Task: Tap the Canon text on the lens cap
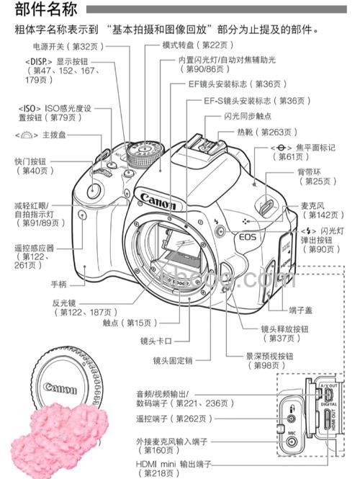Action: (x=60, y=389)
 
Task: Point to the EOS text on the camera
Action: (x=248, y=235)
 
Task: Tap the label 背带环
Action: (x=308, y=171)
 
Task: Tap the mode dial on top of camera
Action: (x=141, y=153)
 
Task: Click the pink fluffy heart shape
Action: (x=61, y=428)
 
